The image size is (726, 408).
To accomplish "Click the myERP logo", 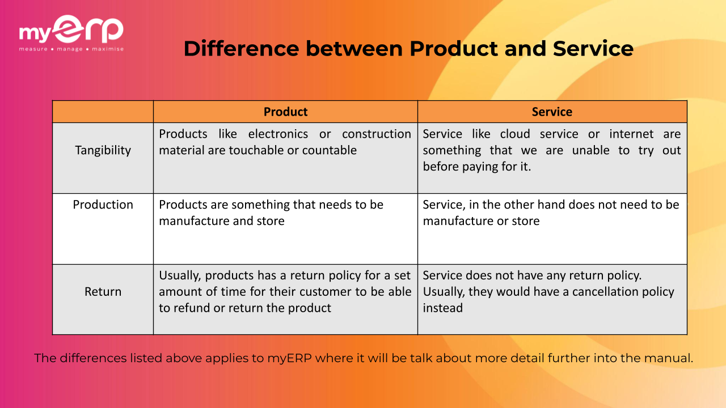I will (x=71, y=31).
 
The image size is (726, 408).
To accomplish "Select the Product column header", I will (x=285, y=112).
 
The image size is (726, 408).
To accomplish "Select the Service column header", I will (x=552, y=112).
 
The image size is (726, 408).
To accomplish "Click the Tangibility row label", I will (x=103, y=150).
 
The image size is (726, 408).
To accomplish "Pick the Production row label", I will (x=103, y=205).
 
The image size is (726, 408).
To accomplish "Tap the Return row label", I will (x=103, y=292).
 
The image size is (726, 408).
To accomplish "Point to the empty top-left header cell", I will (x=103, y=112).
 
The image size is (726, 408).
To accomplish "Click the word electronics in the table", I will (x=278, y=134).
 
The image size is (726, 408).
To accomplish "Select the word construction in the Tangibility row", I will (x=376, y=134).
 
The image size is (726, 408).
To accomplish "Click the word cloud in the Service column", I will (x=515, y=134).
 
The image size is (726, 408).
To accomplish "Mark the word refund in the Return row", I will (x=191, y=308).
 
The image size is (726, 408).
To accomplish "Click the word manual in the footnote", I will (x=672, y=358).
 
